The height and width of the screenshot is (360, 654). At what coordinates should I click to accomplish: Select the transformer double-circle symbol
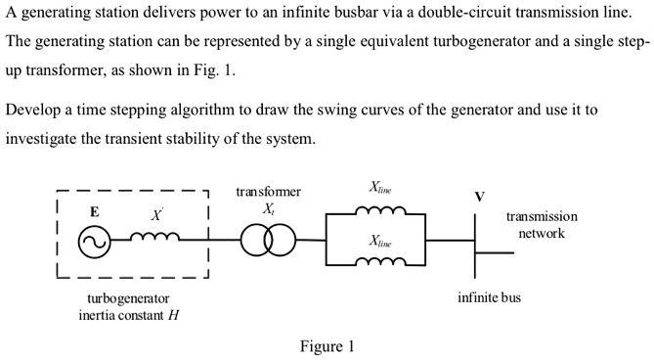point(268,240)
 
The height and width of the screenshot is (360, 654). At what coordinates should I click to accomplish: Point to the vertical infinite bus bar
point(475,239)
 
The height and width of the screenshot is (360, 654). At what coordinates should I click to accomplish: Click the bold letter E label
point(95,211)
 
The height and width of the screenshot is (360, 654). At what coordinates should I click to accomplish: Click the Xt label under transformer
point(268,209)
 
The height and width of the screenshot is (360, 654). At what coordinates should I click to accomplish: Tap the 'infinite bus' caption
point(489,296)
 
